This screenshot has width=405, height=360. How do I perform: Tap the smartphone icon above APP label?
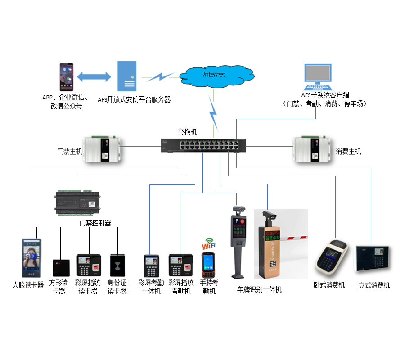pyautogui.click(x=67, y=77)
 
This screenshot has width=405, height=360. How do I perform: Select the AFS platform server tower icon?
pyautogui.click(x=126, y=77)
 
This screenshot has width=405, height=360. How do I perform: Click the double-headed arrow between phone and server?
pyautogui.click(x=94, y=77)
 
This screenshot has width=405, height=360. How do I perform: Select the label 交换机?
pyautogui.click(x=188, y=132)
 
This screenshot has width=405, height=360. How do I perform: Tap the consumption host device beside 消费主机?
pyautogui.click(x=313, y=148)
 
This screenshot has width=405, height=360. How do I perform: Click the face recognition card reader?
pyautogui.click(x=31, y=258)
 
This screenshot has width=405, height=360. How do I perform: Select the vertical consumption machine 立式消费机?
pyautogui.click(x=373, y=258)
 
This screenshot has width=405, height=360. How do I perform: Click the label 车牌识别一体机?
pyautogui.click(x=259, y=290)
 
